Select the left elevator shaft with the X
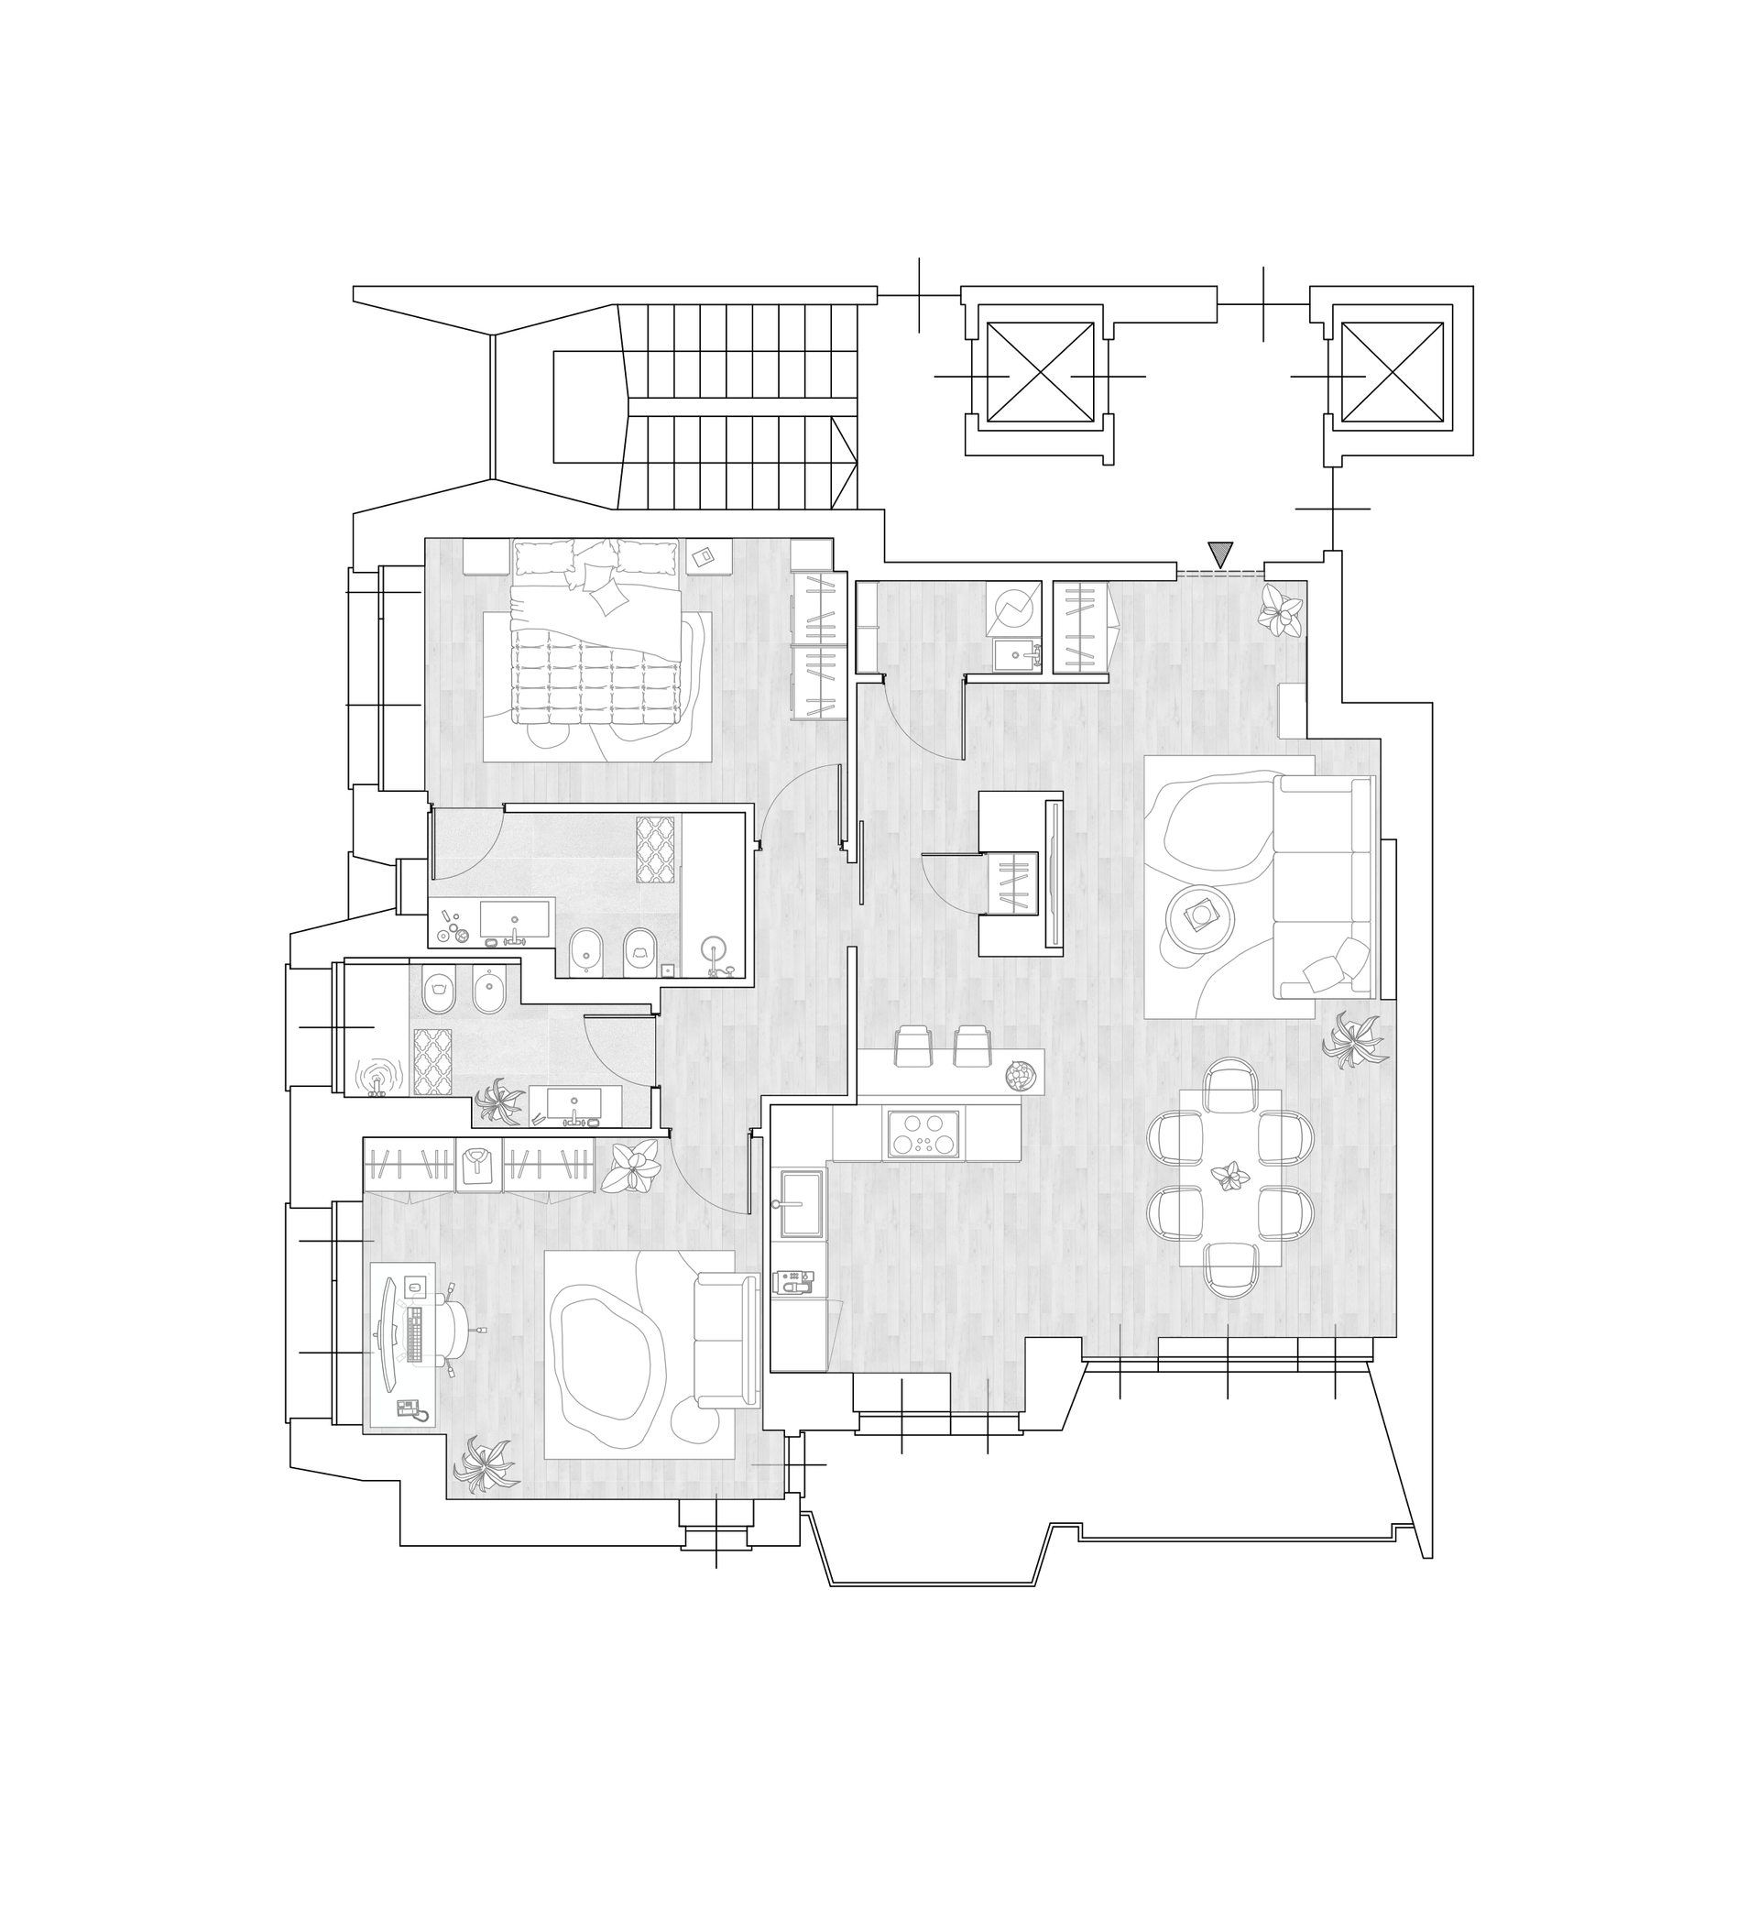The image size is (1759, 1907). click(1040, 372)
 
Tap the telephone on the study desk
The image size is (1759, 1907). click(410, 1409)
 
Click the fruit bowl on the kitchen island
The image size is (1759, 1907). click(1021, 1076)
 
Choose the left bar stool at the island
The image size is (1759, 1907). click(912, 1045)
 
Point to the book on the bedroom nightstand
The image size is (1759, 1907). click(705, 558)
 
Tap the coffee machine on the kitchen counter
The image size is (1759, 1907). click(792, 1283)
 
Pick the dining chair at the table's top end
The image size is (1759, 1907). click(1230, 1084)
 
